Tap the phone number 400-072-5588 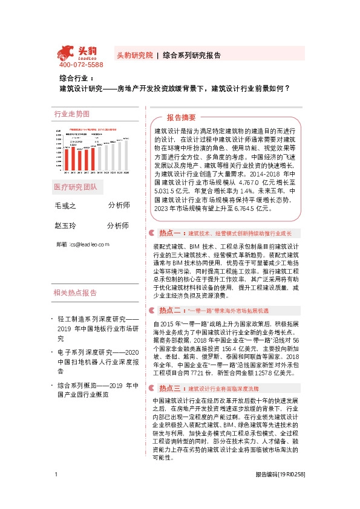[81, 64]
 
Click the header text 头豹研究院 [134, 53]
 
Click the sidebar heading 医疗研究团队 [76, 187]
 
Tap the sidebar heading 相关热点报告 [76, 293]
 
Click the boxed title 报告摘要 [182, 117]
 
